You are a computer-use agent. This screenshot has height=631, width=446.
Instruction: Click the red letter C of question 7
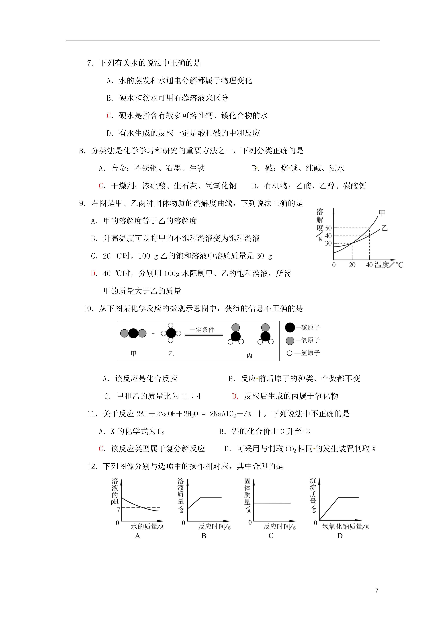tap(108, 116)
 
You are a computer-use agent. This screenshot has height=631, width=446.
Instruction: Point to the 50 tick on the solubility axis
tap(328, 228)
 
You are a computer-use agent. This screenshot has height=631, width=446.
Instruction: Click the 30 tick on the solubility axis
tap(328, 243)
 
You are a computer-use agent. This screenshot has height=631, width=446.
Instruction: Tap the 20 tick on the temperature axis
tap(352, 265)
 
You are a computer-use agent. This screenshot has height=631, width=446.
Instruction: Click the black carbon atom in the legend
tap(290, 327)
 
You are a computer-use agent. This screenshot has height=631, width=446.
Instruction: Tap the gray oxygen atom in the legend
tap(290, 341)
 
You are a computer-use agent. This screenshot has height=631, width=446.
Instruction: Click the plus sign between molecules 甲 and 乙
tap(153, 334)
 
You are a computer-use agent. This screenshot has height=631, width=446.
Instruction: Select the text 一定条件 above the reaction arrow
tap(202, 329)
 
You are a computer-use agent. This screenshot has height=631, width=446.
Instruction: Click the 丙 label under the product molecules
tap(249, 355)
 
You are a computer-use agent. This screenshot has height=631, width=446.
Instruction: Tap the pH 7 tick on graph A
tap(118, 510)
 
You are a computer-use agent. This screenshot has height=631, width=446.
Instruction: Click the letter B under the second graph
tap(204, 536)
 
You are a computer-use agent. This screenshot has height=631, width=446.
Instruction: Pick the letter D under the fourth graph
tap(340, 536)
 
